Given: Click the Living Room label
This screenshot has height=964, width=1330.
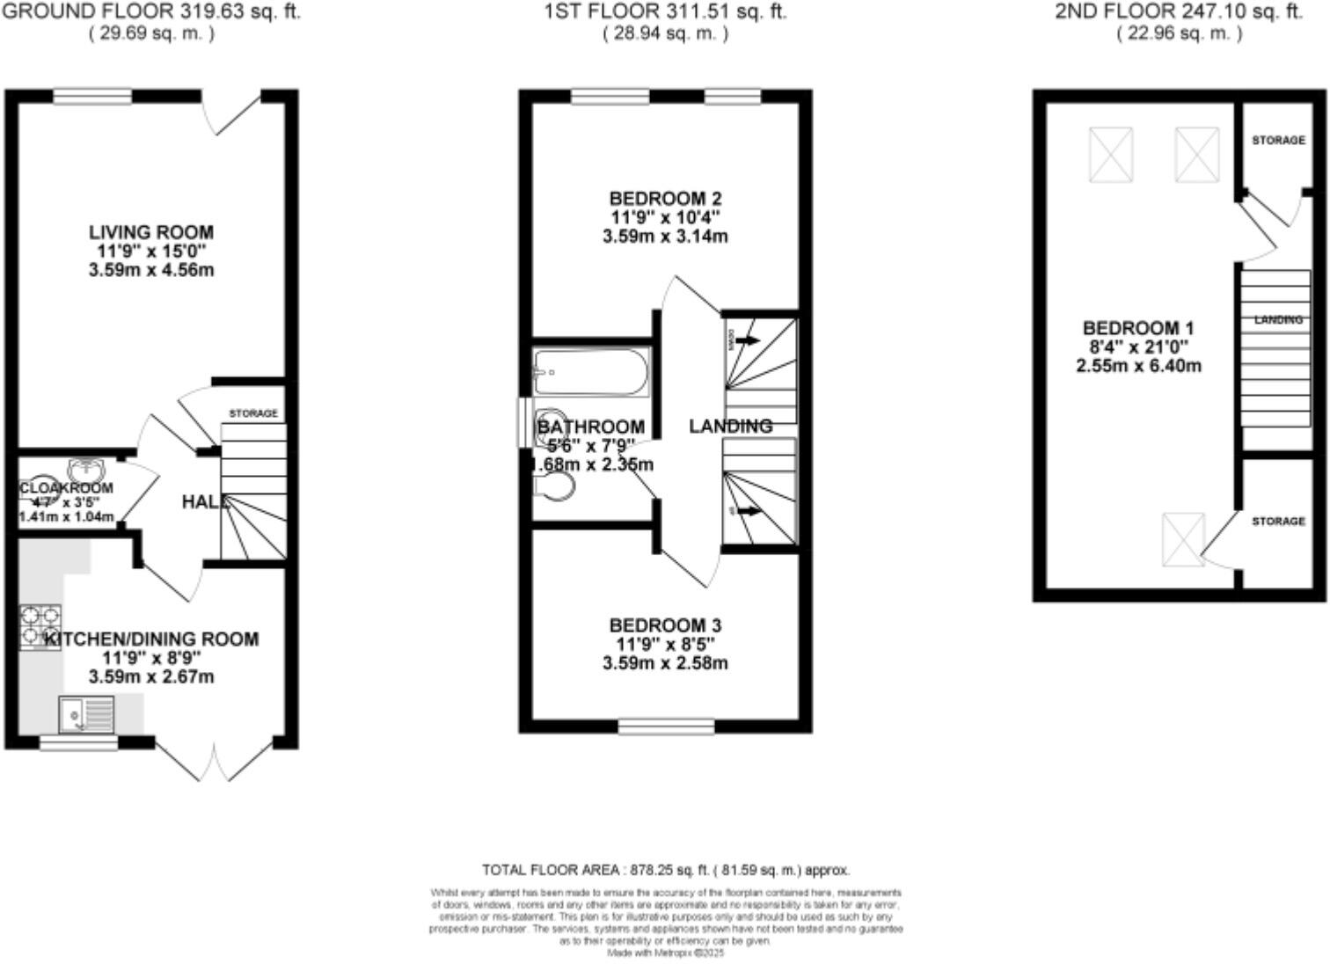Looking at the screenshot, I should point(150,232).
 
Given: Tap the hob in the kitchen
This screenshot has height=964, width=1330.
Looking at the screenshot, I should point(40,625).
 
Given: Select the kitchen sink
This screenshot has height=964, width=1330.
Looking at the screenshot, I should point(85,713).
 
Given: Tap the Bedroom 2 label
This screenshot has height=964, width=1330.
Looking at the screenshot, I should point(665,198).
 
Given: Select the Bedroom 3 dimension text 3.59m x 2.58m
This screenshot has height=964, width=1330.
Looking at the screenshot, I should point(665,663).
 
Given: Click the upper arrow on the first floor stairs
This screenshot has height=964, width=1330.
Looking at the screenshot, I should point(748,340).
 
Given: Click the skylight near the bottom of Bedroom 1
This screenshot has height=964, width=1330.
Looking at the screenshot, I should point(1183,539).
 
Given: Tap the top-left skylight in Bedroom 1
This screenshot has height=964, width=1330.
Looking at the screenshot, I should point(1111,155).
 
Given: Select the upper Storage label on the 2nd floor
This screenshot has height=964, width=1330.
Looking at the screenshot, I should point(1278,141).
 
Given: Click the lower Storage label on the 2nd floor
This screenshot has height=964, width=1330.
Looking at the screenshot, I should point(1278,522).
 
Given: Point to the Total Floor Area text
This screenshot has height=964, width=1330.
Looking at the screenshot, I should point(666,871).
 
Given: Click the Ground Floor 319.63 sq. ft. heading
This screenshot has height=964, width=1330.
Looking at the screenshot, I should point(150,12).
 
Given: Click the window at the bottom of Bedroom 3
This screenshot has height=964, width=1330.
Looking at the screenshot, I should point(666,726).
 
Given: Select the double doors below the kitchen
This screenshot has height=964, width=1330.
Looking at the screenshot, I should point(214,760).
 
